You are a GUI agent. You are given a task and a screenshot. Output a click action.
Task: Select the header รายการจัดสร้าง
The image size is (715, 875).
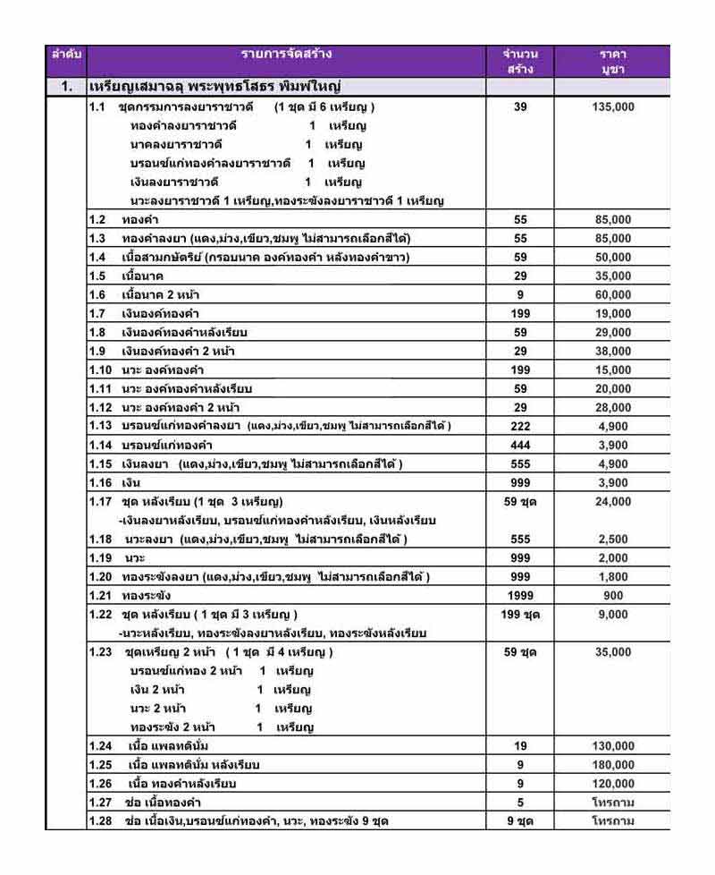[286, 54]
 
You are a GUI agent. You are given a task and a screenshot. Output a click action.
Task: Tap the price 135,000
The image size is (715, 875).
[613, 107]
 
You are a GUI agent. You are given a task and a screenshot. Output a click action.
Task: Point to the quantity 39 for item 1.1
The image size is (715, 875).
[520, 107]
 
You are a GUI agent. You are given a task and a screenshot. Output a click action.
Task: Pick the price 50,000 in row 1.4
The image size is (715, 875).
[613, 258]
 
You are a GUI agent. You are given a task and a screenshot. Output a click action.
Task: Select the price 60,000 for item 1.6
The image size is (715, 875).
[613, 295]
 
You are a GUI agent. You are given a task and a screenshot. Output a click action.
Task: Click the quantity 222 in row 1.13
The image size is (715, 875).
[520, 427]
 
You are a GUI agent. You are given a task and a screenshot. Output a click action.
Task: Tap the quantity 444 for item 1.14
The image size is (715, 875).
[520, 446]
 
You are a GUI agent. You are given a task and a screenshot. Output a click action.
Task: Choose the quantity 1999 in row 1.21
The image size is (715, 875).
[520, 596]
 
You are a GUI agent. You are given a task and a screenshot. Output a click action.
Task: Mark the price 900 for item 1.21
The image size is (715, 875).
[613, 596]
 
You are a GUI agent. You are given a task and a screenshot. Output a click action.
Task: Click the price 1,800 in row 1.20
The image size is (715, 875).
[613, 577]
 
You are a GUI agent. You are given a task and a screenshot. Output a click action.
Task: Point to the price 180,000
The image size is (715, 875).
[613, 765]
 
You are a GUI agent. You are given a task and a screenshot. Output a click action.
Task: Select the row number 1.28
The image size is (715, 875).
[100, 821]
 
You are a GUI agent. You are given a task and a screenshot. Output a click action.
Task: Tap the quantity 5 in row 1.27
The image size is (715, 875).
[520, 803]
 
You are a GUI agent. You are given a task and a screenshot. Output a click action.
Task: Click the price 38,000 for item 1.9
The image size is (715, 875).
[613, 352]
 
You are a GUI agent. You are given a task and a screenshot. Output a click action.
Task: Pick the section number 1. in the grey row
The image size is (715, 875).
[66, 88]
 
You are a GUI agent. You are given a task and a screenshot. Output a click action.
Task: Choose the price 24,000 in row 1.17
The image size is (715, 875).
[613, 502]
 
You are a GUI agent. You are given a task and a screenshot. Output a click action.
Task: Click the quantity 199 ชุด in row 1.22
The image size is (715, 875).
[520, 615]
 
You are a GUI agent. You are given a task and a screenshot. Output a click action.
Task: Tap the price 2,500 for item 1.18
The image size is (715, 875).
[613, 539]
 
